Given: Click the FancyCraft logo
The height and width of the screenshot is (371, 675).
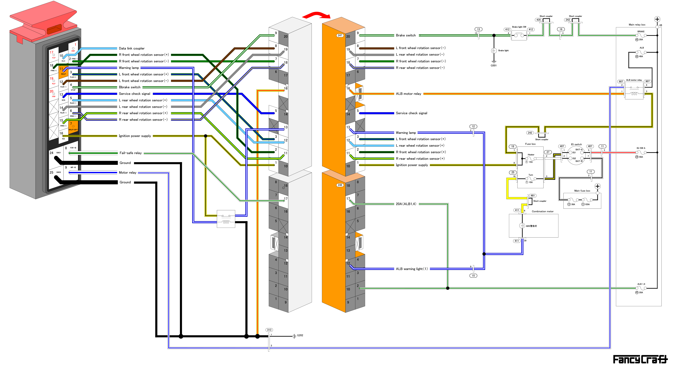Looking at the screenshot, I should [x=640, y=359].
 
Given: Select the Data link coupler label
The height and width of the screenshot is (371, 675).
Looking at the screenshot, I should [x=132, y=48].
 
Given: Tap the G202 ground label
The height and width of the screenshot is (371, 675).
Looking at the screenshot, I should [x=300, y=335].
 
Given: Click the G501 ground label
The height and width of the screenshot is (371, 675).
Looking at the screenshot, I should [x=493, y=66].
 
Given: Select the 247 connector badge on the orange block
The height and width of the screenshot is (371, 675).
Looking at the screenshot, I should [x=340, y=35].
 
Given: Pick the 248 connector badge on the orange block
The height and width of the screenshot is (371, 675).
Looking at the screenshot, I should [x=340, y=185].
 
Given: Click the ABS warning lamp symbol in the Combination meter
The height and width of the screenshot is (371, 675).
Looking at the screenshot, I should [x=522, y=226].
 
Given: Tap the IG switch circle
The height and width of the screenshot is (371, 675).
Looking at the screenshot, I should [x=576, y=156].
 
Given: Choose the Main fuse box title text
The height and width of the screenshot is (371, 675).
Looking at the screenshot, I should [x=582, y=191].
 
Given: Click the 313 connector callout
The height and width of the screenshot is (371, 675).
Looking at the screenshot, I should [x=269, y=330].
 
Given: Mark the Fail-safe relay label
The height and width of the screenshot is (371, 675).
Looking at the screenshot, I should [x=131, y=153].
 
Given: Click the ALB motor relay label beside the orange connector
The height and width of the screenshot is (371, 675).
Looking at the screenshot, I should [x=408, y=94].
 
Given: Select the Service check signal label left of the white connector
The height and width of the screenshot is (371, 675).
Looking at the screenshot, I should [x=134, y=94].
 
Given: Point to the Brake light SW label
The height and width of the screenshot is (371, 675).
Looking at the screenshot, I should [x=519, y=27].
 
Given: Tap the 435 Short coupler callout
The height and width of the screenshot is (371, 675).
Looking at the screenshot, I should [x=539, y=20].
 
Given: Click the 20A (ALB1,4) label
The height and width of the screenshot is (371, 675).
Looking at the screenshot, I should [x=406, y=204].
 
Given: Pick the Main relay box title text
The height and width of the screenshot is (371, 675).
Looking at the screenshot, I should [x=637, y=25].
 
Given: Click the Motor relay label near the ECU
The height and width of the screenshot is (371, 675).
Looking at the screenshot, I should [x=127, y=173].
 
